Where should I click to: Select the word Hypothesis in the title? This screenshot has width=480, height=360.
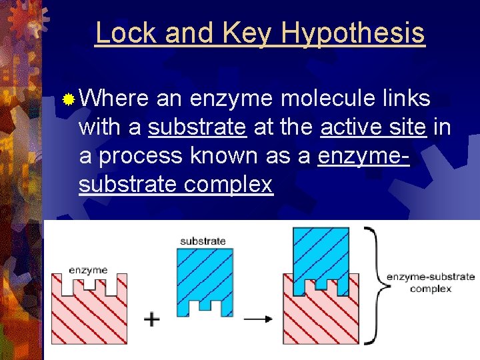[x=353, y=33]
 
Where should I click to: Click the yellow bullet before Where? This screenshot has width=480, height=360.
[x=67, y=100]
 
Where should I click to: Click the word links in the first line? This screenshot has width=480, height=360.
[x=405, y=99]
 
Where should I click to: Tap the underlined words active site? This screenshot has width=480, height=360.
[x=373, y=127]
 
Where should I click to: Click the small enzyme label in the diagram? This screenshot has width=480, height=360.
[x=88, y=270]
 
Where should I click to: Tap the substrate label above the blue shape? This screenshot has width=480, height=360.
[x=203, y=241]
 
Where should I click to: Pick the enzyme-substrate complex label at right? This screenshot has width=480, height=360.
[x=431, y=282]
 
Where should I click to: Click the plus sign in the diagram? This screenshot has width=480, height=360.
[x=152, y=320]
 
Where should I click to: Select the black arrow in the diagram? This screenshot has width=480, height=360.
[x=258, y=319]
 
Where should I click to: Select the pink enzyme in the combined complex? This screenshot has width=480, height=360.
[x=321, y=317]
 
